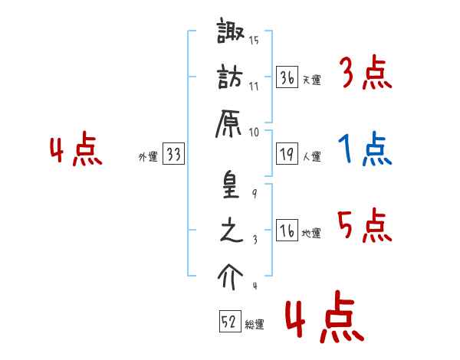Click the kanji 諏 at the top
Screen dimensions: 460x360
click(x=230, y=34)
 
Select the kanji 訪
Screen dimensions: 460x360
click(x=230, y=78)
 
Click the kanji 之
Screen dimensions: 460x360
click(x=230, y=231)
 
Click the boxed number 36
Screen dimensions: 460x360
click(x=287, y=78)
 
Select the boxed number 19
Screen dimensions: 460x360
click(x=287, y=154)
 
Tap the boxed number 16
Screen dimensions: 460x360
click(x=287, y=231)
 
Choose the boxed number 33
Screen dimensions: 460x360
click(x=173, y=155)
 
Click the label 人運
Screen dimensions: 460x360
click(x=312, y=156)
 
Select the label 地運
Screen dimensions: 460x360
click(x=312, y=233)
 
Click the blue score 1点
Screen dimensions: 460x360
click(x=364, y=149)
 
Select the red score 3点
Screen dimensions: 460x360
click(x=364, y=74)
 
